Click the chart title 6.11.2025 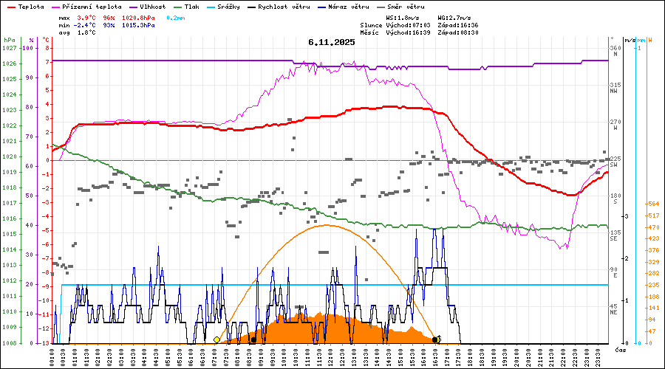point(332,42)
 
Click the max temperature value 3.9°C point(86,17)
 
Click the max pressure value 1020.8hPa point(138,17)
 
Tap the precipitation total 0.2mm point(175,17)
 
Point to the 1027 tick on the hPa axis point(9,48)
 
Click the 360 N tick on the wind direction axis point(615,52)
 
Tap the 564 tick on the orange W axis point(652,204)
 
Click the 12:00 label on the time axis point(330,357)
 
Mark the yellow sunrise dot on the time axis point(216,340)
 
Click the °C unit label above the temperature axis point(47,40)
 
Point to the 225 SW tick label point(615,162)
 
